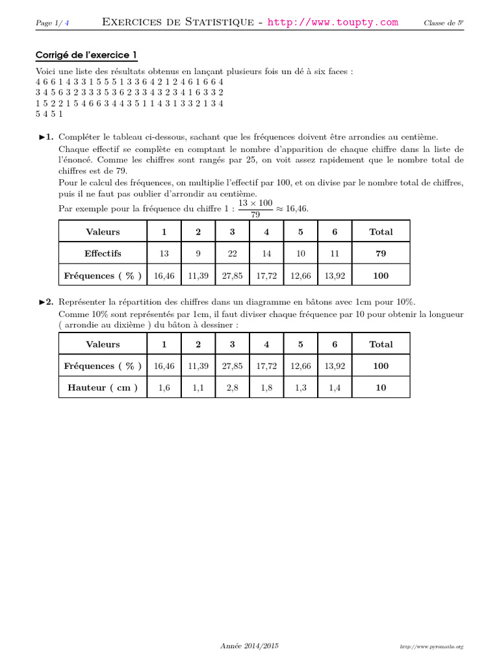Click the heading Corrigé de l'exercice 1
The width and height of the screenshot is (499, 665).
click(x=86, y=56)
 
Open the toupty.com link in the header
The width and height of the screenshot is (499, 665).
click(x=333, y=22)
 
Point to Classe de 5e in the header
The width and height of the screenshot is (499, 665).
click(x=443, y=23)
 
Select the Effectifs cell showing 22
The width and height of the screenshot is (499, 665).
click(x=232, y=253)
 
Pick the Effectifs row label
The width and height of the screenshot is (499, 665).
click(x=103, y=253)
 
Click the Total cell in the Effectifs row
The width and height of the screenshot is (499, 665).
click(x=381, y=253)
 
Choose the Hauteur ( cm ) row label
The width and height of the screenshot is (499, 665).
click(x=103, y=388)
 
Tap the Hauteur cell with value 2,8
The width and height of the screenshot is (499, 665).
click(x=232, y=388)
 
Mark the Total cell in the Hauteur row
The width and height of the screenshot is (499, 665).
click(x=381, y=388)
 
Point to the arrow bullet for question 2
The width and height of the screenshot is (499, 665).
click(x=45, y=302)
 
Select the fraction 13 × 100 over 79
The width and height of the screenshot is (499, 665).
click(x=255, y=208)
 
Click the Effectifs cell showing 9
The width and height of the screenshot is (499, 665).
click(x=198, y=253)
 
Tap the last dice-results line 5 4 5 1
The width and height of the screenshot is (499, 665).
click(x=49, y=114)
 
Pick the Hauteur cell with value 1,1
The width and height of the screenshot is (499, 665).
click(x=198, y=388)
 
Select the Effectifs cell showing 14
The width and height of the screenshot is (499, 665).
click(x=266, y=253)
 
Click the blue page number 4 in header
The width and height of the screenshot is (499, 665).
click(x=67, y=23)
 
